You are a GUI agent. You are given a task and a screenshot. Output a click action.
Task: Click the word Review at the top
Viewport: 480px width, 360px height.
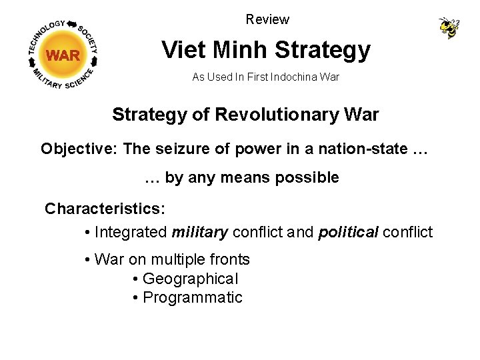[x=267, y=19]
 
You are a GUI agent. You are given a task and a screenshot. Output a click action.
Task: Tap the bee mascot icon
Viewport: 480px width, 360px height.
[x=449, y=28]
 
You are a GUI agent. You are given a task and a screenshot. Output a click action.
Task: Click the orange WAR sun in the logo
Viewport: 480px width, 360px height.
[x=63, y=55]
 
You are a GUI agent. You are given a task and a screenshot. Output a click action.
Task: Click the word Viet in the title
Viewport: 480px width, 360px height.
[x=183, y=50]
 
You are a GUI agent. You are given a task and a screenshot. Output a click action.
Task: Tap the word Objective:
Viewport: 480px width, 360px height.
[x=79, y=149]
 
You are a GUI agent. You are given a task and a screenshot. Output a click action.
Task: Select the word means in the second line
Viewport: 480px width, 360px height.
[x=240, y=178]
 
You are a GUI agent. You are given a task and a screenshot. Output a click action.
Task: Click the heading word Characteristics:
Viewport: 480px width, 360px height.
[x=105, y=209]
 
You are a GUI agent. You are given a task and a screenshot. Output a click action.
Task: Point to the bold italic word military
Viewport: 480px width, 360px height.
[x=200, y=233]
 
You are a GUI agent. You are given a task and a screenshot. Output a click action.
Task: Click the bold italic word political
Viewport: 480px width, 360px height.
[x=348, y=233]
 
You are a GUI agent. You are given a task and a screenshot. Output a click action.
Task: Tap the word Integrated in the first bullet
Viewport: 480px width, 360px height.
[x=131, y=233]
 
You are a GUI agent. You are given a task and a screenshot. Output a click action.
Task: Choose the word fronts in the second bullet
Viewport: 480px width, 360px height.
[x=228, y=259]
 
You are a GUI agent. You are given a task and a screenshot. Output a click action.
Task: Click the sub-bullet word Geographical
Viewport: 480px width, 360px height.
[x=190, y=279]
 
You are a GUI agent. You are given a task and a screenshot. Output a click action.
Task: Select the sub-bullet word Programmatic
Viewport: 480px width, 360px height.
[x=193, y=297]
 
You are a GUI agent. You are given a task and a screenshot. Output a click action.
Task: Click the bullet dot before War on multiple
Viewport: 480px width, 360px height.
[x=88, y=260]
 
